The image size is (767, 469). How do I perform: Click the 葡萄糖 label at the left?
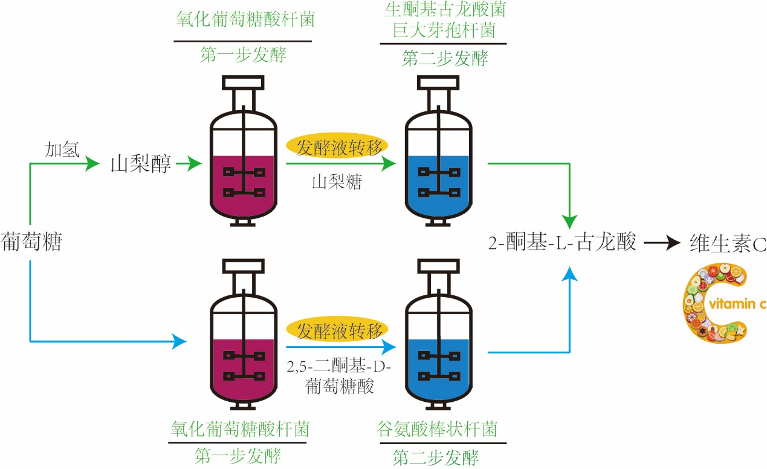(32, 242)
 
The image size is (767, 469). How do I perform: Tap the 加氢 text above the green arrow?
(62, 150)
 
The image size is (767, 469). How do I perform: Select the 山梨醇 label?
(141, 163)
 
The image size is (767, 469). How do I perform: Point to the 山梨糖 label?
(337, 182)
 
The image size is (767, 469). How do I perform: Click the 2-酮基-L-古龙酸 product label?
(562, 243)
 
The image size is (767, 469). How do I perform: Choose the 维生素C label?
(728, 243)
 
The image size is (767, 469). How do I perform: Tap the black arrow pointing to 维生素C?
(662, 243)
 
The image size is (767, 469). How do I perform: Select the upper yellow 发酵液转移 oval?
(337, 146)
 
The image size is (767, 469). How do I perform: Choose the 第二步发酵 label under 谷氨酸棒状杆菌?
(436, 458)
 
